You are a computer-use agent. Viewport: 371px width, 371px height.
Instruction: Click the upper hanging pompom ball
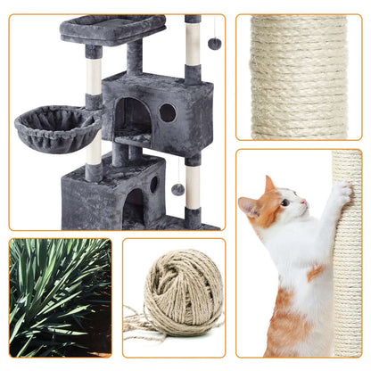pos(215,44)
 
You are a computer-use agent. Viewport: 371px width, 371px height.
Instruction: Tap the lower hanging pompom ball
pos(177,189)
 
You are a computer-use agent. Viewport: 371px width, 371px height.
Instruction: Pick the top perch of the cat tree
pos(111,28)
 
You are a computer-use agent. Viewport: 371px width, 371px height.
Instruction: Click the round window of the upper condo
pos(167,112)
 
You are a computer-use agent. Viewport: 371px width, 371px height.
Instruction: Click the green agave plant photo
pos(60,297)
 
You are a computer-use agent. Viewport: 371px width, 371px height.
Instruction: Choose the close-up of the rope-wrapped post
pos(298,76)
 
